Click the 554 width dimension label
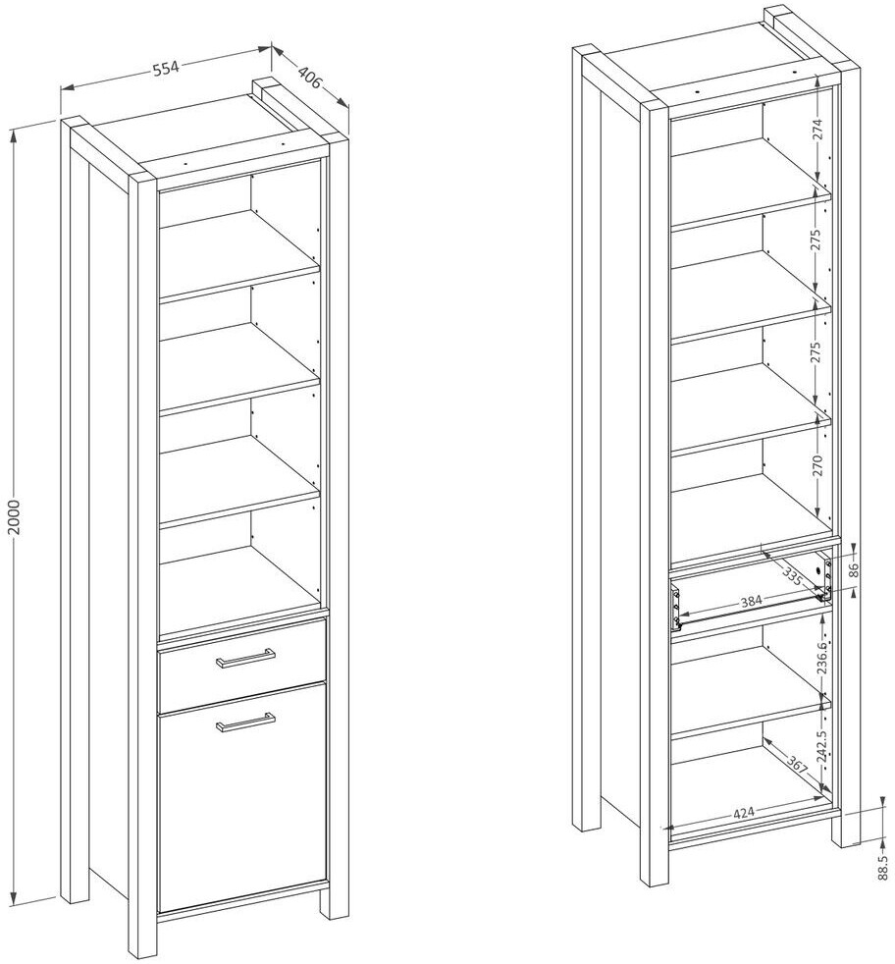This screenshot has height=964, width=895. pos(165,69)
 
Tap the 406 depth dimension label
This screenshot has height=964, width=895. pos(310,78)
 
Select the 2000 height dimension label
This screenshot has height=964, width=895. pos(15,517)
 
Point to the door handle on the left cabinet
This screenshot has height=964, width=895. pos(245,723)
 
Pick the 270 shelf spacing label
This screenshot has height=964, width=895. pos(816,466)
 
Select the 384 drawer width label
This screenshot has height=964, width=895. pos(751,600)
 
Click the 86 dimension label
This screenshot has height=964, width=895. pos(852,570)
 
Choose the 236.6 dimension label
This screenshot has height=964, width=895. pos(824,656)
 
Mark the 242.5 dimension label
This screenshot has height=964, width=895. pos(824,746)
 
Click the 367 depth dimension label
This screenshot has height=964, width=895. pos(796,768)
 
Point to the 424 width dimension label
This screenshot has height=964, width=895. pos(744,813)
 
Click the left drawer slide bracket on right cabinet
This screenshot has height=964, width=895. pos(676,608)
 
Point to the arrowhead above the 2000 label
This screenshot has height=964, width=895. pos(16,135)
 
